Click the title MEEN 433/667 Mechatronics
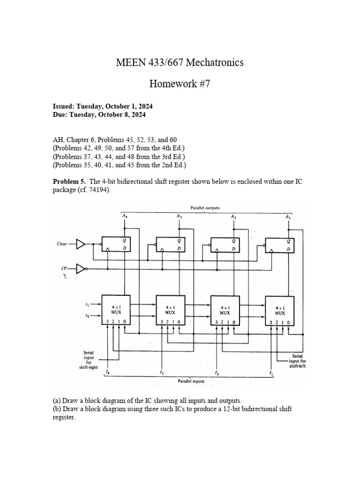click(x=180, y=63)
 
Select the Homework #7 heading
click(x=180, y=84)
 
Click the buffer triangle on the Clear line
click(x=81, y=244)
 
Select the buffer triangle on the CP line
click(x=81, y=269)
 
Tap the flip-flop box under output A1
click(x=280, y=244)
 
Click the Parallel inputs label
click(x=191, y=382)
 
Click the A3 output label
click(x=179, y=216)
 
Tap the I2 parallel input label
click(x=216, y=373)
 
